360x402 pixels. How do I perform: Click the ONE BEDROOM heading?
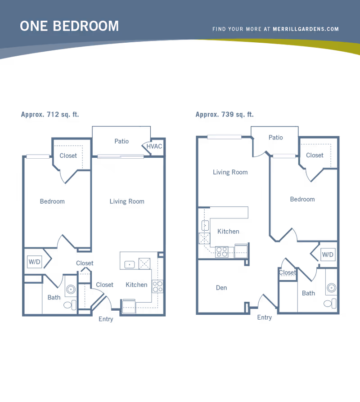[69, 26]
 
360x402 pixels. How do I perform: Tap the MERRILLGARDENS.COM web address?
[306, 29]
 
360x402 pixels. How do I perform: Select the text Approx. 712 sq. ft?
[50, 114]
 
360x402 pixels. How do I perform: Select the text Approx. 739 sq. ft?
[225, 114]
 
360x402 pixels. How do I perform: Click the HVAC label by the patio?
[154, 147]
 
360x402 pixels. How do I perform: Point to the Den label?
[221, 288]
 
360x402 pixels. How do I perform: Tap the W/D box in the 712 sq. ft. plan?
[34, 262]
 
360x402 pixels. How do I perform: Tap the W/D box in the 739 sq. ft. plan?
[328, 255]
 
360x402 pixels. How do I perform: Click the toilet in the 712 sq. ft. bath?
[70, 305]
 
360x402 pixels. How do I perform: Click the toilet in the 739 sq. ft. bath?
[330, 304]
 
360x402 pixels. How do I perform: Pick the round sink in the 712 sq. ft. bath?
[71, 290]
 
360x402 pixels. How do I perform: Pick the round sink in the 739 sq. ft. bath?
[332, 288]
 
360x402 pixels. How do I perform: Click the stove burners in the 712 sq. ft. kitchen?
[157, 286]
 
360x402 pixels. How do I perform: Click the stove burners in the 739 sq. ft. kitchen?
[222, 252]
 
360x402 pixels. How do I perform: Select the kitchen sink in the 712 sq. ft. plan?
[130, 264]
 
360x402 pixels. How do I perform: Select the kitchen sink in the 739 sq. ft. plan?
[205, 226]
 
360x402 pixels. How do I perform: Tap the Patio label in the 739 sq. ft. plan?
[276, 138]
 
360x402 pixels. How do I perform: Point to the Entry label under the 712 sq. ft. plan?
[106, 319]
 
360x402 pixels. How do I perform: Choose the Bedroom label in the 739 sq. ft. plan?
[302, 199]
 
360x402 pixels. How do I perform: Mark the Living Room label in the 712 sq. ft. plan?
[127, 201]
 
